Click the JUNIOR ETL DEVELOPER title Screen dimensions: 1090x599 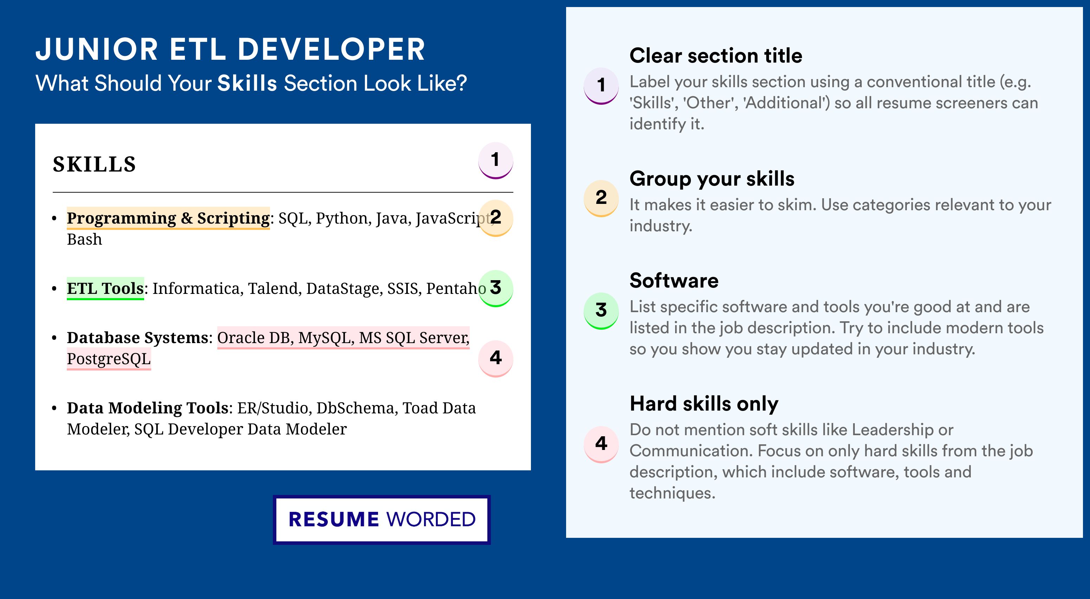[230, 50]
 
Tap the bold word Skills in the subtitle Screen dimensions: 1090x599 [247, 83]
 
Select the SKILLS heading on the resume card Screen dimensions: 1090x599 [94, 164]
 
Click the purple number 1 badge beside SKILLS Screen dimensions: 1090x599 [495, 160]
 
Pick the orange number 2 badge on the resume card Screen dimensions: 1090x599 [495, 218]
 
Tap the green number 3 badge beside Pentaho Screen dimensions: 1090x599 [495, 288]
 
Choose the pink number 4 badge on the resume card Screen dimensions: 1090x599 [495, 359]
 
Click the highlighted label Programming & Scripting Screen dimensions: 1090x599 [168, 218]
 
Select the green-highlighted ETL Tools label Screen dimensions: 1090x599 [105, 289]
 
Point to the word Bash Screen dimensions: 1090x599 [85, 239]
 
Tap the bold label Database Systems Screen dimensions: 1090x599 [137, 337]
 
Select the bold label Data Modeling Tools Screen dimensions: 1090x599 [148, 408]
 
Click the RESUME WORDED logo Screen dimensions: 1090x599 [381, 520]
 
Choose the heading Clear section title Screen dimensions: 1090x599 [716, 56]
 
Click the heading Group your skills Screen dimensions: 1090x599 [712, 179]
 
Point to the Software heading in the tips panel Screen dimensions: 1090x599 [674, 281]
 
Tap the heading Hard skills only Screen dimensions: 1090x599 [704, 404]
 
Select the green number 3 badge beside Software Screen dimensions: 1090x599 [601, 311]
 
